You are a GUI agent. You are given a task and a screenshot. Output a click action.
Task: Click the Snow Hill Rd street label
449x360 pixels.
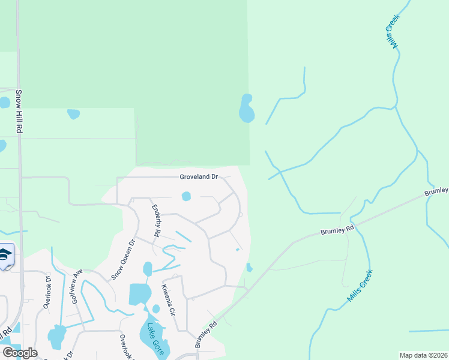pyautogui.click(x=19, y=112)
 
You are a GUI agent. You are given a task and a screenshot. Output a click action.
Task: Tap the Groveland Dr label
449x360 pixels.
pyautogui.click(x=199, y=177)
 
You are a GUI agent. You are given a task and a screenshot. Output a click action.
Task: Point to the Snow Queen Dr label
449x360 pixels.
pyautogui.click(x=123, y=259)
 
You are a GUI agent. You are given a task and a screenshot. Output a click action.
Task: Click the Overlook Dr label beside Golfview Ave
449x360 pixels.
pyautogui.click(x=47, y=292)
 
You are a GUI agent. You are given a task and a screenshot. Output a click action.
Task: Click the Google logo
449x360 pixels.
pyautogui.click(x=20, y=352)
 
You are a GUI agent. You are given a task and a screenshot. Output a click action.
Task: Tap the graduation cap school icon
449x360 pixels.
pyautogui.click(x=5, y=257)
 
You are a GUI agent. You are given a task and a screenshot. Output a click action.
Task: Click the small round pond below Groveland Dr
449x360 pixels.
pyautogui.click(x=186, y=196)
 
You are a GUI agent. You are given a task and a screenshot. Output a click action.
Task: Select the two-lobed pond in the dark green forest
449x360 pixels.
pyautogui.click(x=246, y=109)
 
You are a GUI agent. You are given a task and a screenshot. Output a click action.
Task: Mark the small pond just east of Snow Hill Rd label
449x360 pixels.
pyautogui.click(x=73, y=113)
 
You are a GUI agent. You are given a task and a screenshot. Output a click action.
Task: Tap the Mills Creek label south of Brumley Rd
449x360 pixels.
pyautogui.click(x=360, y=286)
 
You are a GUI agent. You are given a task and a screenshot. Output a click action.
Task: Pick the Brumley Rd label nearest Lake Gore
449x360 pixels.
pyautogui.click(x=205, y=337)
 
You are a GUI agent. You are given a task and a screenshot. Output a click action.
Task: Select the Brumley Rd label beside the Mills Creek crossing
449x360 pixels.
pyautogui.click(x=338, y=228)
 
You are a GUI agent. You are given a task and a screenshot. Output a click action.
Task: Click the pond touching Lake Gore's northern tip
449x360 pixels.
pyautogui.click(x=156, y=309)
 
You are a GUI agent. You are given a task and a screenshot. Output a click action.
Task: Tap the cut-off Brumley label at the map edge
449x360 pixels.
pyautogui.click(x=436, y=191)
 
